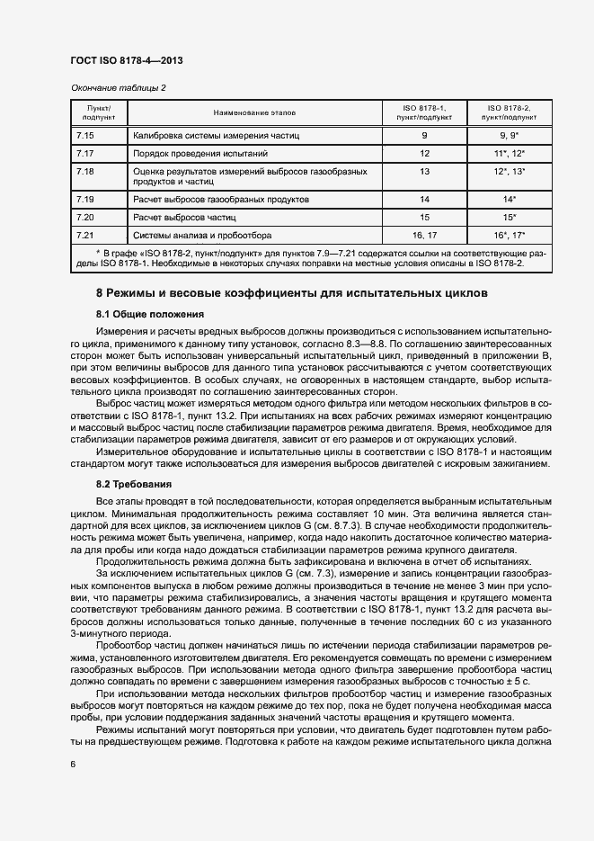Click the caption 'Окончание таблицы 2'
[118, 87]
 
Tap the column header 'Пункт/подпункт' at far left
[98, 112]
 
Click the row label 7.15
[86, 135]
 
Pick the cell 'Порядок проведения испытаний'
[194, 154]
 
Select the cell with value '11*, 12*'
[509, 154]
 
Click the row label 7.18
[86, 171]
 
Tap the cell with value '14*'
[509, 198]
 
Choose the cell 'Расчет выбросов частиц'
[184, 217]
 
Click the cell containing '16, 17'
[424, 235]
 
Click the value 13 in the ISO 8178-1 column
[424, 171]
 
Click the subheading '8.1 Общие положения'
[151, 314]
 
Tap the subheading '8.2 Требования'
[135, 483]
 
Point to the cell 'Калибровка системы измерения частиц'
[216, 135]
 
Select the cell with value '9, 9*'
[509, 135]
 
